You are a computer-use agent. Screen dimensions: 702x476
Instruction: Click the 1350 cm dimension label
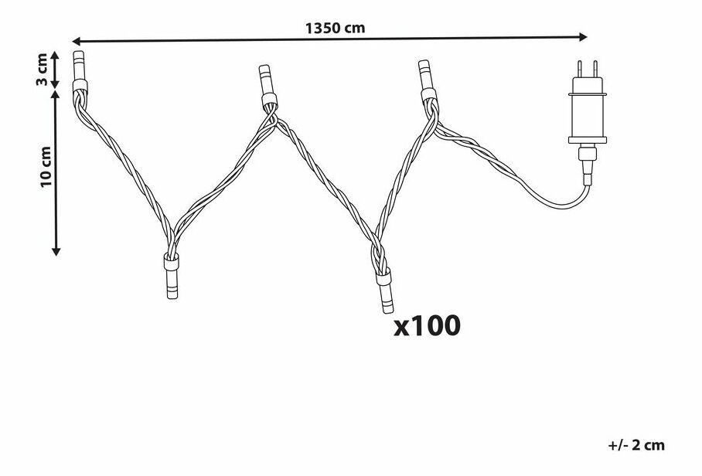coord(335,28)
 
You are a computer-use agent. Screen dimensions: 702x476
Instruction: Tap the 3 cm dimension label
coord(42,69)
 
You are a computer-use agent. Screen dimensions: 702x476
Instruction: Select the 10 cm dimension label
coord(46,167)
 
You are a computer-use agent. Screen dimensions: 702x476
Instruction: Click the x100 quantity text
coord(427,325)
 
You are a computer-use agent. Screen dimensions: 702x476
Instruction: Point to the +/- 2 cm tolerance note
coord(636,445)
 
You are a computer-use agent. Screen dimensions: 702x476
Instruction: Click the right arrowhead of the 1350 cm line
coord(583,36)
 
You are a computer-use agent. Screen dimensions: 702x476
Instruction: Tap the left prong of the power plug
coord(579,70)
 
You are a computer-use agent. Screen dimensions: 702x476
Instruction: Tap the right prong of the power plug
coord(595,70)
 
